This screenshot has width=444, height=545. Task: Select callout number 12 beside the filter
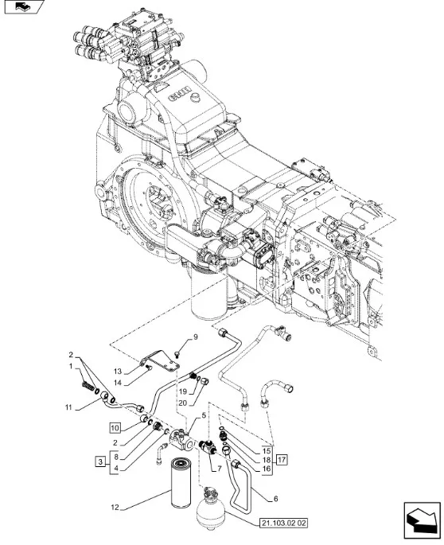(x=115, y=508)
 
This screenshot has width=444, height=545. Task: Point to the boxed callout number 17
(x=282, y=460)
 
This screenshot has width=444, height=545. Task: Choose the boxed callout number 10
(x=115, y=428)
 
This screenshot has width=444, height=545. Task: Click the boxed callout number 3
(x=100, y=462)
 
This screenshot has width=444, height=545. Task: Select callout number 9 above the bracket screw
(x=196, y=337)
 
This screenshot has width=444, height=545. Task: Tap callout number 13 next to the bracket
(x=118, y=372)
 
